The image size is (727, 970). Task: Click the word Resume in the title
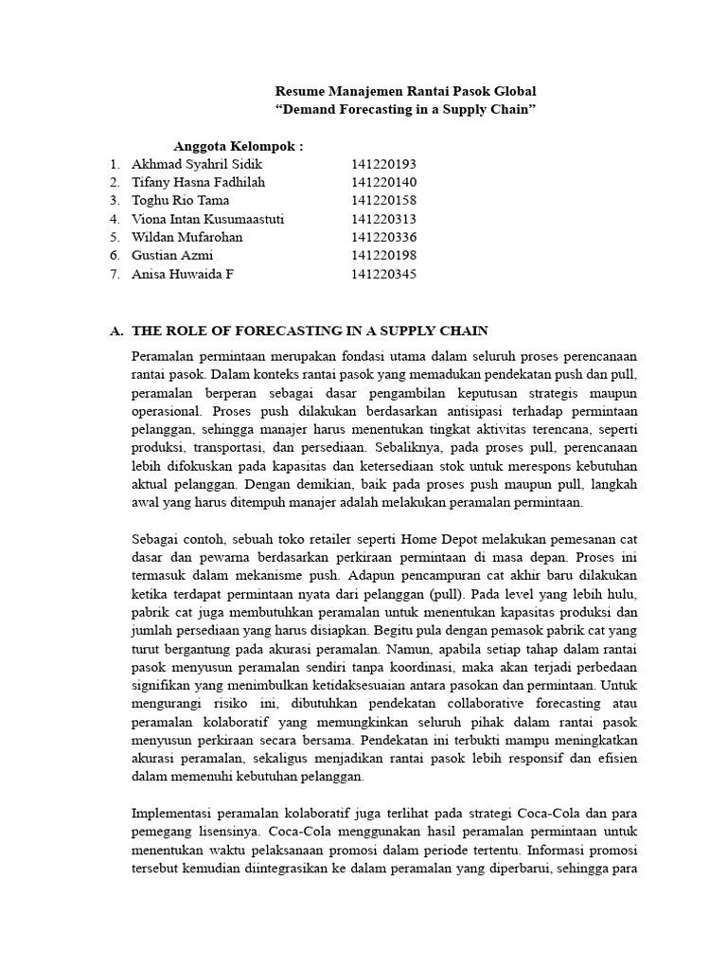299,92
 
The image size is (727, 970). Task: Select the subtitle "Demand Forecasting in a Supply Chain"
405,110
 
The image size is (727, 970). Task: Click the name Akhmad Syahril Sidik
197,165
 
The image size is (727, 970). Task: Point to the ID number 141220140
383,183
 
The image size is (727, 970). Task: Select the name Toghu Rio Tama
181,201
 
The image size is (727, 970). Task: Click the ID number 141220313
383,220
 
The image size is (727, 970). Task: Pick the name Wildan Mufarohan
187,238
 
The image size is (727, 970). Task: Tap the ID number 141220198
383,256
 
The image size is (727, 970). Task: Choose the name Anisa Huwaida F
183,275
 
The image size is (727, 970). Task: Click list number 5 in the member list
114,238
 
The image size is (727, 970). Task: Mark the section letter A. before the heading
116,331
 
